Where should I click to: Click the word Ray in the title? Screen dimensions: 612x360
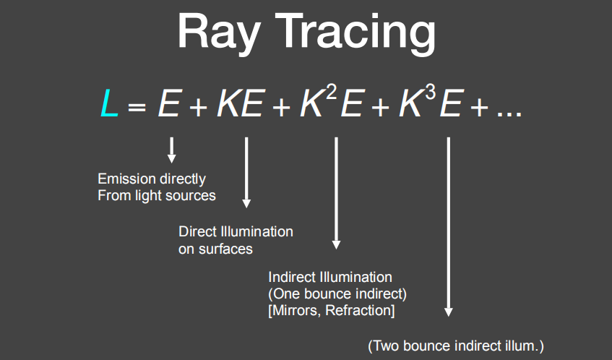219,33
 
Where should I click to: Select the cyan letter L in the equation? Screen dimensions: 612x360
109,103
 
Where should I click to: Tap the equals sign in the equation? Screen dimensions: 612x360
137,106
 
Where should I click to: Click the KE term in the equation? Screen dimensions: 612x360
241,103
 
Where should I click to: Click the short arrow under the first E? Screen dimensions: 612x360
171,150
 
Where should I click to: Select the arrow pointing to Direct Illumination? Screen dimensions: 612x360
246,172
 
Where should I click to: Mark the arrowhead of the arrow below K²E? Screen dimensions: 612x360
336,245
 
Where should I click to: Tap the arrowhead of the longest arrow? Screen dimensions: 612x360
449,312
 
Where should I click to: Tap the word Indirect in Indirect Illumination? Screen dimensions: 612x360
292,277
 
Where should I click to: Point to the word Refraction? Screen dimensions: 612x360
358,310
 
